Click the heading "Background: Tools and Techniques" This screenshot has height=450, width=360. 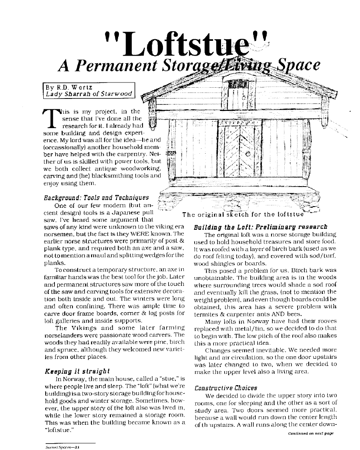coord(96,197)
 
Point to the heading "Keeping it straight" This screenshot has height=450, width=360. coord(77,371)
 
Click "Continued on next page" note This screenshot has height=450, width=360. coord(310,434)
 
